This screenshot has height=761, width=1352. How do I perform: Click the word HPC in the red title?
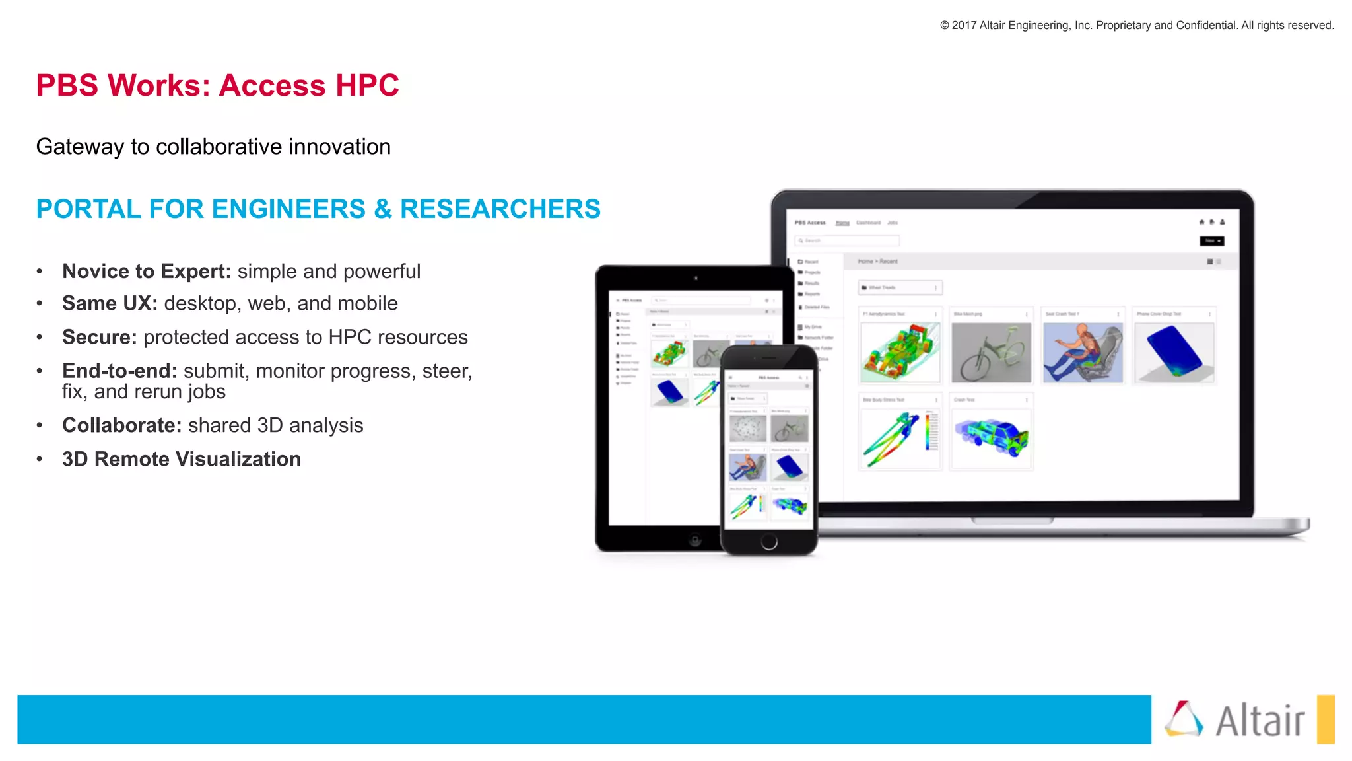366,86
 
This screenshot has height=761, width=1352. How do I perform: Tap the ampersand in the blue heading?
382,209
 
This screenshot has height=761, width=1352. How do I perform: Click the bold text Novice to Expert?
146,272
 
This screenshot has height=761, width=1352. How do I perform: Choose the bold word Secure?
99,337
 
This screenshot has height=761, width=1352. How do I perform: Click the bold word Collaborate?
121,425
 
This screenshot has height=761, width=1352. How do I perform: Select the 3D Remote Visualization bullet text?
181,459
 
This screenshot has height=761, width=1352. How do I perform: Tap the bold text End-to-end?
119,371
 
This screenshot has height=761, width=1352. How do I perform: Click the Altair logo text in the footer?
1260,720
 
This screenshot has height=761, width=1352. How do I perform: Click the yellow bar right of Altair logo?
1325,719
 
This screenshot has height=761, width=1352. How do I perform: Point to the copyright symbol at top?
944,26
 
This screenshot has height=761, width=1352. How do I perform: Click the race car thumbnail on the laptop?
900,352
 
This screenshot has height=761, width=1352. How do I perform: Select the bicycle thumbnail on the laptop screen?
990,352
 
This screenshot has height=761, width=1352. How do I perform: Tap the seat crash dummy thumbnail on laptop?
1082,352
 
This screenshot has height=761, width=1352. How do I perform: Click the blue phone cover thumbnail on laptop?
1174,352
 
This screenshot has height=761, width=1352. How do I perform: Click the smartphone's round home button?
768,542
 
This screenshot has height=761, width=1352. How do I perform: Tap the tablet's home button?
695,540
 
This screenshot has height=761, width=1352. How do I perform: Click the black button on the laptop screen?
1211,241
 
